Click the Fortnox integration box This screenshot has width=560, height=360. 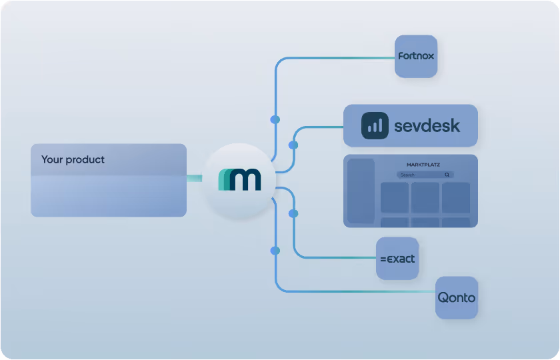pyautogui.click(x=416, y=56)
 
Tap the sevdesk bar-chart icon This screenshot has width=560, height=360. pyautogui.click(x=375, y=126)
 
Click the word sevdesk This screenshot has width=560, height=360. pyautogui.click(x=427, y=126)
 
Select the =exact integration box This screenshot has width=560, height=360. pyautogui.click(x=397, y=259)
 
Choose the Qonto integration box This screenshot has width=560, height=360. pyautogui.click(x=457, y=297)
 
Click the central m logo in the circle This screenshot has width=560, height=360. pyautogui.click(x=239, y=179)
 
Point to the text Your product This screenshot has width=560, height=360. pyautogui.click(x=73, y=160)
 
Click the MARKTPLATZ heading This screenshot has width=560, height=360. pyautogui.click(x=423, y=165)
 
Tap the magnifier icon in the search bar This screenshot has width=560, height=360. pyautogui.click(x=447, y=175)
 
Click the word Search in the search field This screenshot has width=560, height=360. pyautogui.click(x=407, y=175)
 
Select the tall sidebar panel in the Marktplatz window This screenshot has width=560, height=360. pyautogui.click(x=361, y=191)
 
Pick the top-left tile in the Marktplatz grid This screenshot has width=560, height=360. pyautogui.click(x=394, y=197)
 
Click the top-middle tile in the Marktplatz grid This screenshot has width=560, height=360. pyautogui.click(x=425, y=197)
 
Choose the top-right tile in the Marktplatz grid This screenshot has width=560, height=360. pyautogui.click(x=456, y=197)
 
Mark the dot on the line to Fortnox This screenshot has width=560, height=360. pyautogui.click(x=275, y=119)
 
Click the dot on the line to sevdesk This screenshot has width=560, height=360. pyautogui.click(x=293, y=145)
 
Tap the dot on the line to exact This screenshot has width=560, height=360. pyautogui.click(x=293, y=213)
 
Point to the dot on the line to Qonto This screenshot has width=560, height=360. pyautogui.click(x=275, y=251)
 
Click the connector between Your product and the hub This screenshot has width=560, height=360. pyautogui.click(x=194, y=178)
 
